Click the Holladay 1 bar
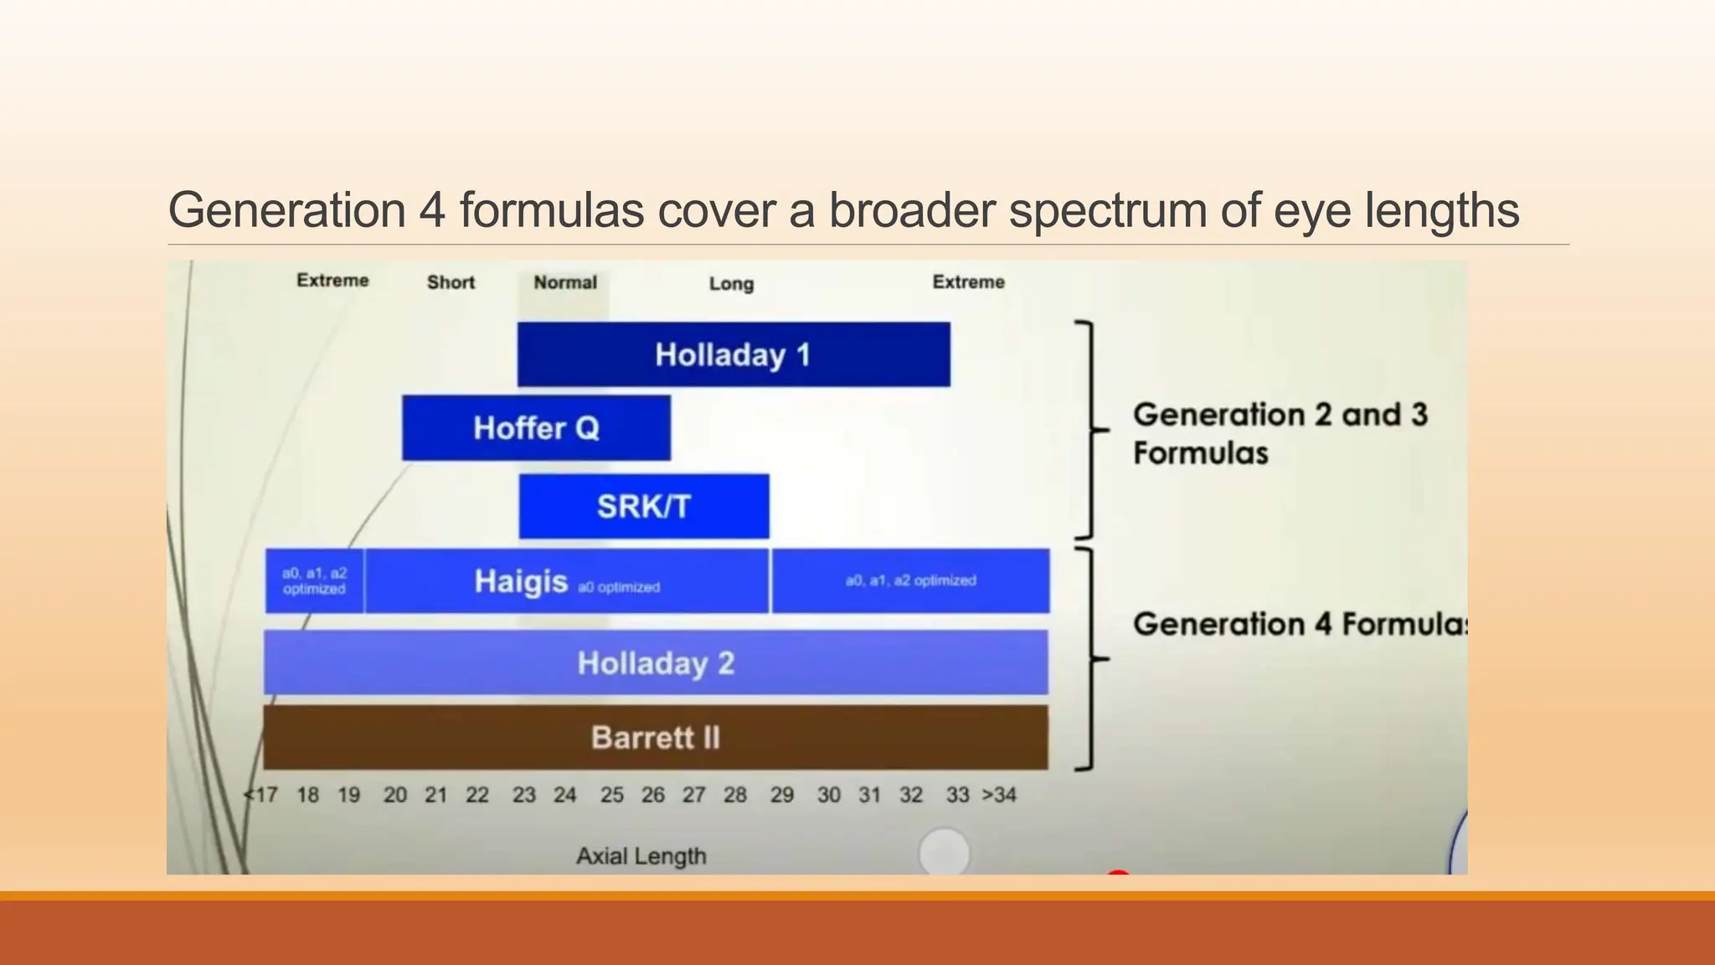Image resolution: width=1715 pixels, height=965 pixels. coord(733,354)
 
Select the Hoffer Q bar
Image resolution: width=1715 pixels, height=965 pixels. coord(536,428)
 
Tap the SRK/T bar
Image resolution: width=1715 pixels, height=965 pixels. coord(643,506)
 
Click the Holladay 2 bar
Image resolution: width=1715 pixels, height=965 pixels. coord(656,663)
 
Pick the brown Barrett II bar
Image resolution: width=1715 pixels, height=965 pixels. coord(656,737)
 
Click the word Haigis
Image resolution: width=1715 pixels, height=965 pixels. coord(521,581)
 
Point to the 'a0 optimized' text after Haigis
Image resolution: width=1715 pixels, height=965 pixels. coord(619,587)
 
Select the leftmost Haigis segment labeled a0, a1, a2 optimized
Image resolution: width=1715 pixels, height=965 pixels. coord(314,581)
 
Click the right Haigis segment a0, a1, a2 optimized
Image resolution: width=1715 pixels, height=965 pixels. coord(910,581)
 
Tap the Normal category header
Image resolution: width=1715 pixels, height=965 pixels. coord(565,282)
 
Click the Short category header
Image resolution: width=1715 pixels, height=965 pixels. coord(451,282)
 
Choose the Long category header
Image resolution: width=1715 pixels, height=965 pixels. coord(731,284)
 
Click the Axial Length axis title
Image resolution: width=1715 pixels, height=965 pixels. coord(641,856)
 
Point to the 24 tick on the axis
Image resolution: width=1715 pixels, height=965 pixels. coord(565,795)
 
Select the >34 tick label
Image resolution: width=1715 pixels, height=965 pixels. coord(999,795)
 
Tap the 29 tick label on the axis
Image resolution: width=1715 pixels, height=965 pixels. coord(782,795)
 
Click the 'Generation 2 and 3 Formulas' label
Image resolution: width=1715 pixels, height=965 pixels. coord(1280,433)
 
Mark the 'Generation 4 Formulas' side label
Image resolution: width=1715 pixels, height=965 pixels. coord(1298,624)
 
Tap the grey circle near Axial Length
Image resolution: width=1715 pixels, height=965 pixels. coord(945,853)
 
